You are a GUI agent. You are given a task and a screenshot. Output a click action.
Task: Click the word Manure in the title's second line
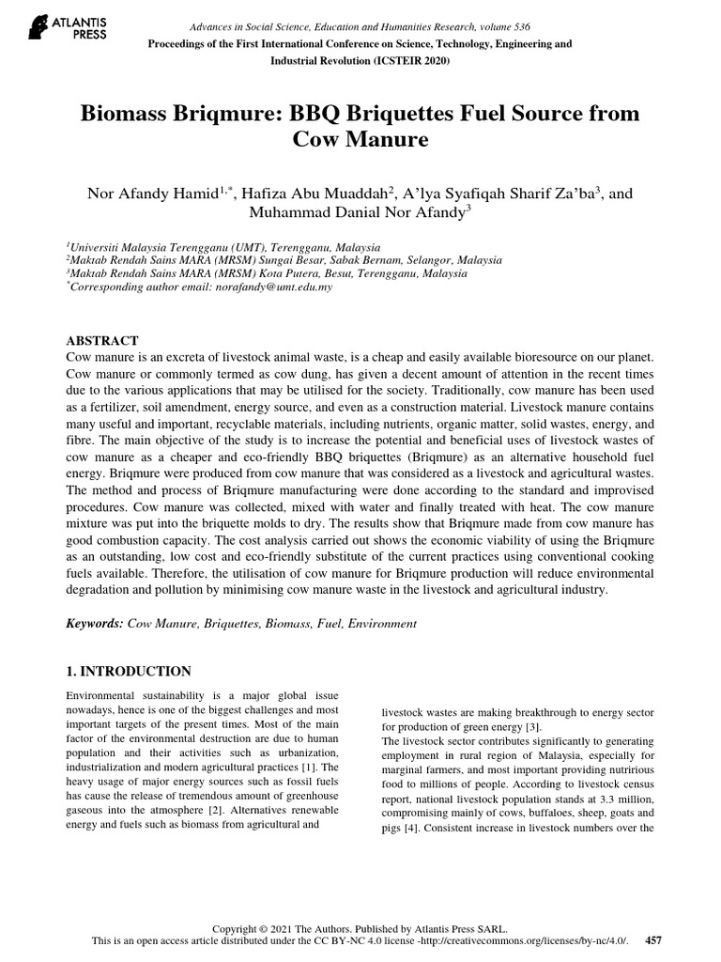(390, 141)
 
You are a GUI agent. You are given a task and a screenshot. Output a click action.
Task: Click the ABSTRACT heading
(103, 340)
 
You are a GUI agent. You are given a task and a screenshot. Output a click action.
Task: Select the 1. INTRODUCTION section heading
(129, 671)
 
